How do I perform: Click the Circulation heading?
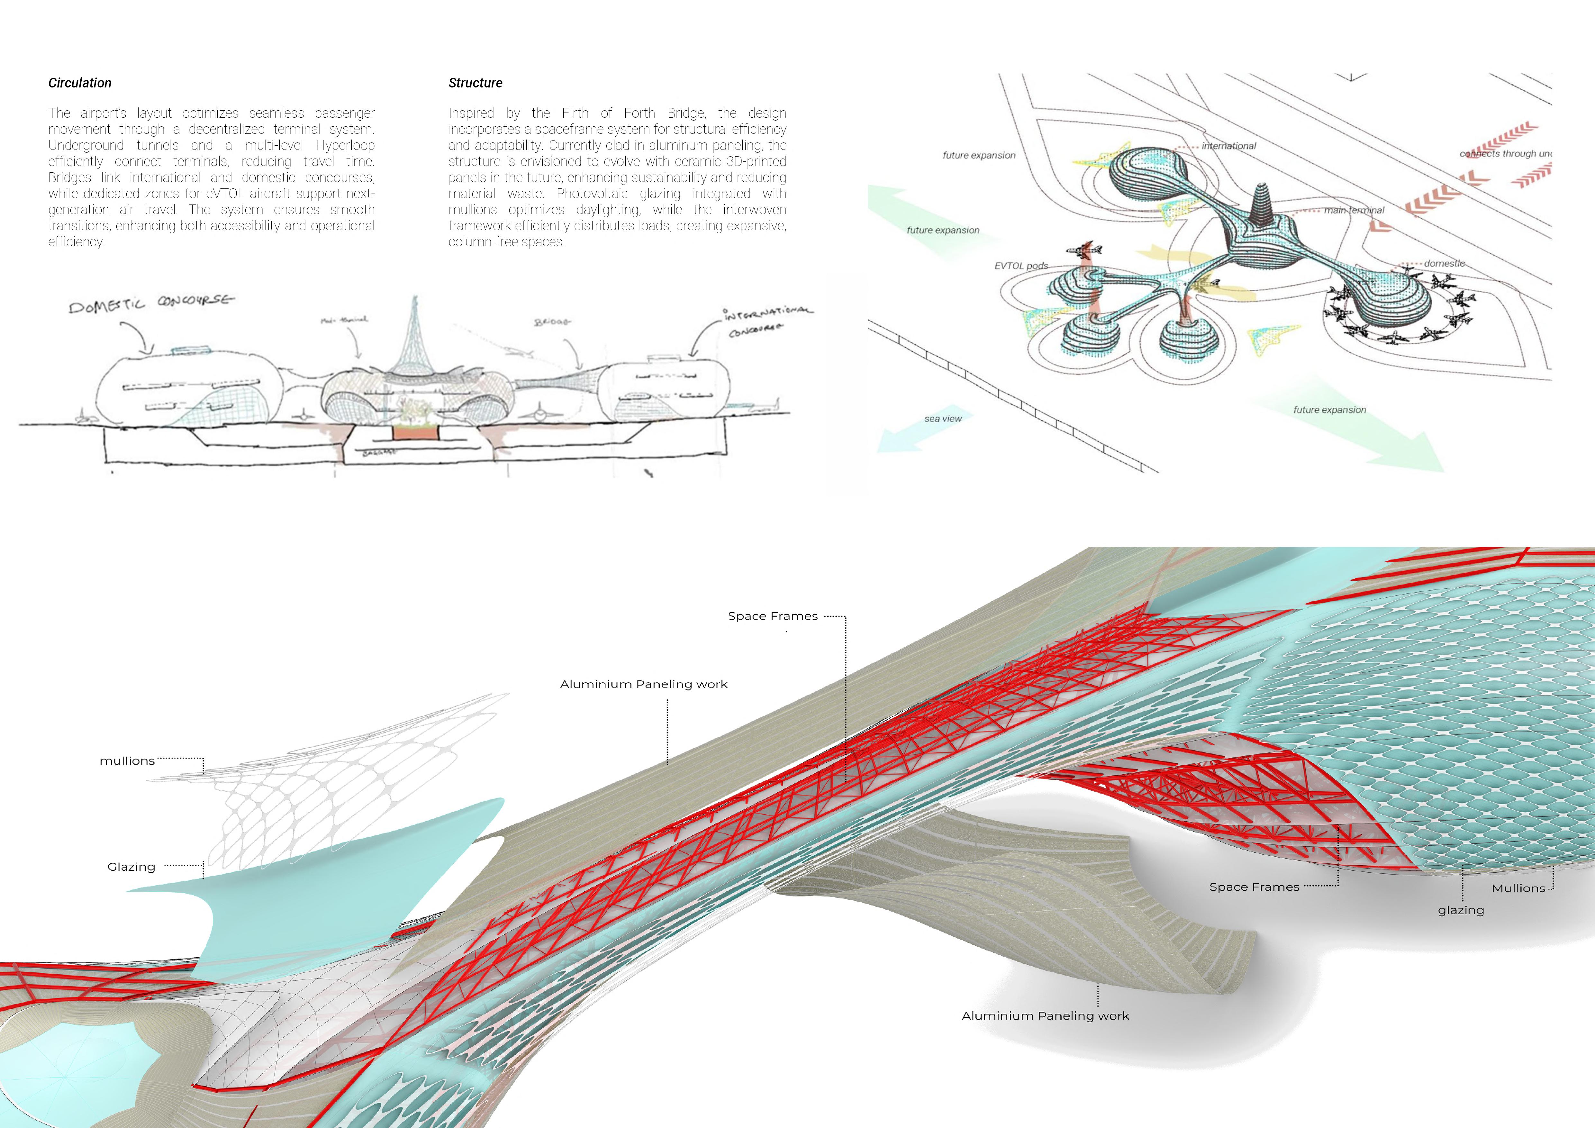(x=80, y=83)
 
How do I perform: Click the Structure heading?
(x=475, y=83)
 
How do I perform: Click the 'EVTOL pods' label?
(x=1021, y=265)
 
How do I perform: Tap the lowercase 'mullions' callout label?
(x=127, y=760)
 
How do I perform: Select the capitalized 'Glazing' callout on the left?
(x=131, y=867)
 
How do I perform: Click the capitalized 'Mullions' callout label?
(x=1518, y=888)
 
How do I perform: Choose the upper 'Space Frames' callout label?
(x=773, y=616)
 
